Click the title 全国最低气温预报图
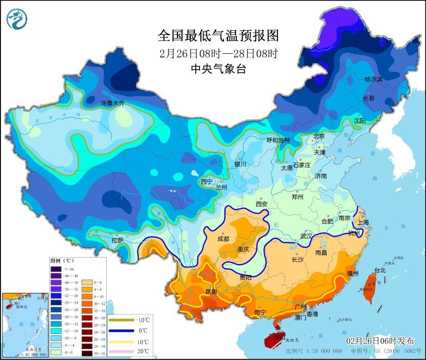click(218, 35)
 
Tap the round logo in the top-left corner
click(17, 19)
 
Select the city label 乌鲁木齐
click(112, 103)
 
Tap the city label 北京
click(319, 136)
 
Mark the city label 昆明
click(211, 292)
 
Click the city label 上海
click(363, 222)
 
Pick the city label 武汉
click(307, 236)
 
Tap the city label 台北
click(379, 270)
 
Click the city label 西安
click(261, 204)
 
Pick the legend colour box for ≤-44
click(55, 269)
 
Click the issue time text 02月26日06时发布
click(380, 341)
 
